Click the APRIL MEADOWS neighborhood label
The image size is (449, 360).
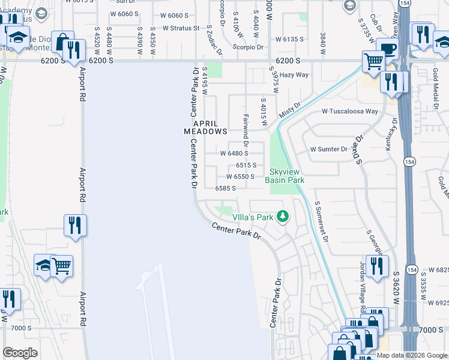205,126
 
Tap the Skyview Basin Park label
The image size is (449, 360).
286,176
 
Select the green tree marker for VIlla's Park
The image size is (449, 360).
282,217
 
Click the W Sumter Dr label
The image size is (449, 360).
328,149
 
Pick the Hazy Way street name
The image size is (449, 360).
294,75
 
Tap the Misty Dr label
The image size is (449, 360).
289,110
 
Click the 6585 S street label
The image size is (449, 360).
224,188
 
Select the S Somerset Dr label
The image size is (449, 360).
322,221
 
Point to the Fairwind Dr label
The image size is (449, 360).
246,133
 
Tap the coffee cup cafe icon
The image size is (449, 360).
387,49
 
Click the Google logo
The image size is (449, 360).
20,353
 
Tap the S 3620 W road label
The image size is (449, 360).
396,291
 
